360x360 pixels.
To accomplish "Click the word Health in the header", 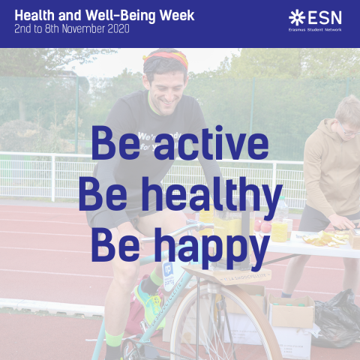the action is tap(34, 16).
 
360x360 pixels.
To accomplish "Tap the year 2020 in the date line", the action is tap(118, 29).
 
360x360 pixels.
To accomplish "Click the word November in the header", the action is tap(83, 29).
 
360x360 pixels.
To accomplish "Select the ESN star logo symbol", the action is tap(297, 17).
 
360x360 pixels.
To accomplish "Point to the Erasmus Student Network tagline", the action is tap(315, 30).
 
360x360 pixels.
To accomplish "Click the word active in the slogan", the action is tap(211, 143).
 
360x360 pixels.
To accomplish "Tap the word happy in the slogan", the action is tap(211, 247).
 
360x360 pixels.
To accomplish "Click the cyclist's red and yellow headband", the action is tap(167, 58).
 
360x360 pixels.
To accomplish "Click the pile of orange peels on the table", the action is tap(325, 238).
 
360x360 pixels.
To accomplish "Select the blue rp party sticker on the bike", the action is tap(169, 274).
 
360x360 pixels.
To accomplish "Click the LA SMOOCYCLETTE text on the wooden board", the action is tap(244, 277).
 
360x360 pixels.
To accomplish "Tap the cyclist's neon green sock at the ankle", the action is tap(114, 339).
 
